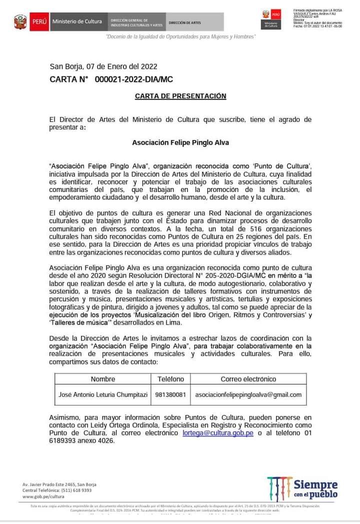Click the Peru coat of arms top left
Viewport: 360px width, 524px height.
coord(20,22)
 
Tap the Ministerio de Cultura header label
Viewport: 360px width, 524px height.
coord(76,21)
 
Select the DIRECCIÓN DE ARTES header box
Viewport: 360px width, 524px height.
coord(184,22)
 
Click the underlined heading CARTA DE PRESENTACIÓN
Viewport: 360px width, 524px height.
coord(180,96)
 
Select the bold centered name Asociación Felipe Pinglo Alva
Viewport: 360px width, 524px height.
coord(180,142)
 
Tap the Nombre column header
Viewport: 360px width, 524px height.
coord(103,379)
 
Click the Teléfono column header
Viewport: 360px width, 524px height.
coord(171,379)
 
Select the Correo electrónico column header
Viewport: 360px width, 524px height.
coord(248,379)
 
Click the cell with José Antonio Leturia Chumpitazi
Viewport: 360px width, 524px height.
coord(103,394)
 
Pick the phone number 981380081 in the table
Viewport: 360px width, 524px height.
coord(170,394)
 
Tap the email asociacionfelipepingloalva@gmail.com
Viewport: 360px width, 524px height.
coord(248,394)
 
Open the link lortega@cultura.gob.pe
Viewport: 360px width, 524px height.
coord(218,432)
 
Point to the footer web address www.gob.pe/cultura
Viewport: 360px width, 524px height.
coord(43,496)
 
